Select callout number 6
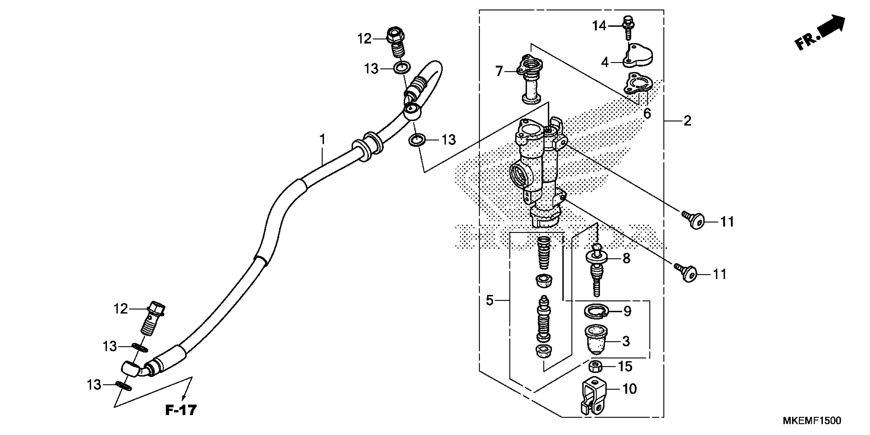(647, 114)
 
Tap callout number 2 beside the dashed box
(687, 121)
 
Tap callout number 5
(490, 300)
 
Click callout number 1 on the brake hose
(322, 139)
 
